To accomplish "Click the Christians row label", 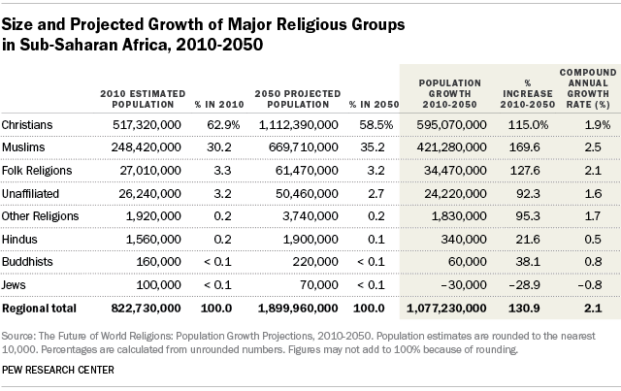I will point(28,125).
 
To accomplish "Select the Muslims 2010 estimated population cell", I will point(140,148).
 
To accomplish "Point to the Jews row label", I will point(16,286).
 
